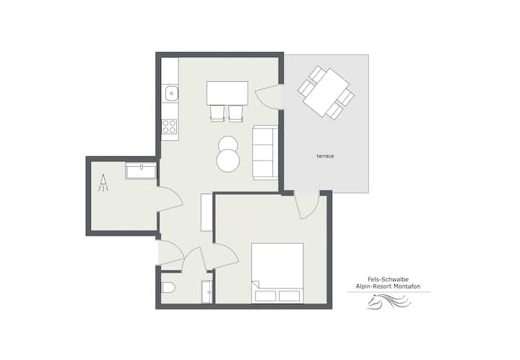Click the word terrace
325,156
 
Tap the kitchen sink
171,93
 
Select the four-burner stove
170,127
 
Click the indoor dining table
227,93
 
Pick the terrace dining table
326,93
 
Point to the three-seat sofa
265,153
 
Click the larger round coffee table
227,160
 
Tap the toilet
168,288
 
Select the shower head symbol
103,183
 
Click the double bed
277,273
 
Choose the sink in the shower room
141,171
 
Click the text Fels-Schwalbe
388,280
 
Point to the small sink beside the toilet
207,291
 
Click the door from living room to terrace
268,96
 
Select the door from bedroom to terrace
307,205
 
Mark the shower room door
170,199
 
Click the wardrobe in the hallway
207,213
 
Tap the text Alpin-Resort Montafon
388,287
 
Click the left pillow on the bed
265,296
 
